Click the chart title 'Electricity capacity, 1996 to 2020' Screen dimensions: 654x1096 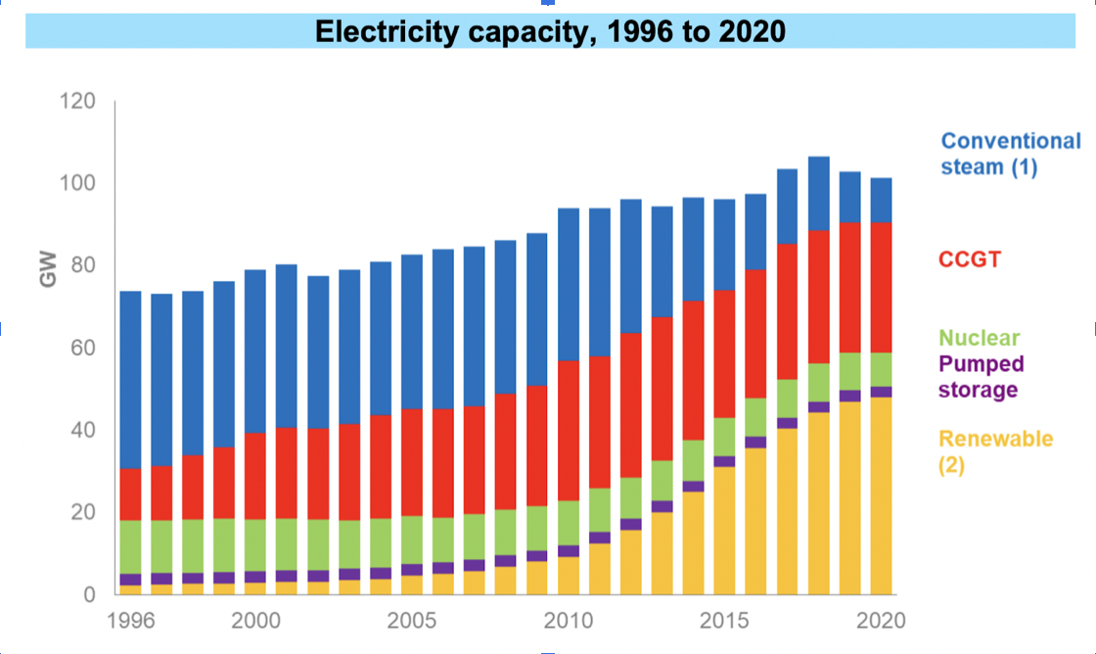[x=549, y=31]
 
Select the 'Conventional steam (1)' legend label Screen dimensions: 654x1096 [x=1010, y=154]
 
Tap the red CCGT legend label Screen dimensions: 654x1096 [x=970, y=259]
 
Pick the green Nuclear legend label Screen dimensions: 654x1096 [x=979, y=339]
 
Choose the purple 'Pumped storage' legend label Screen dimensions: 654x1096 [x=981, y=377]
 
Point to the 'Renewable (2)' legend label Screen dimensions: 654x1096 [x=996, y=451]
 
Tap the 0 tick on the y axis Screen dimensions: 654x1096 [x=89, y=594]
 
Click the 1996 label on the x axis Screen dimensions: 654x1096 [x=130, y=622]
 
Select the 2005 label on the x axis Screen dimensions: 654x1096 [x=411, y=622]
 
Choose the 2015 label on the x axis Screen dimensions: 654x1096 [x=724, y=622]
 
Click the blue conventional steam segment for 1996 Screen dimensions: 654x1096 [x=130, y=380]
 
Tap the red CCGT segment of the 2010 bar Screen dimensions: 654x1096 [x=569, y=431]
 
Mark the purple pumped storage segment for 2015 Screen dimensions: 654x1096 [x=724, y=462]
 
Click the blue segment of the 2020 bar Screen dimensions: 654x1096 [x=881, y=201]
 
